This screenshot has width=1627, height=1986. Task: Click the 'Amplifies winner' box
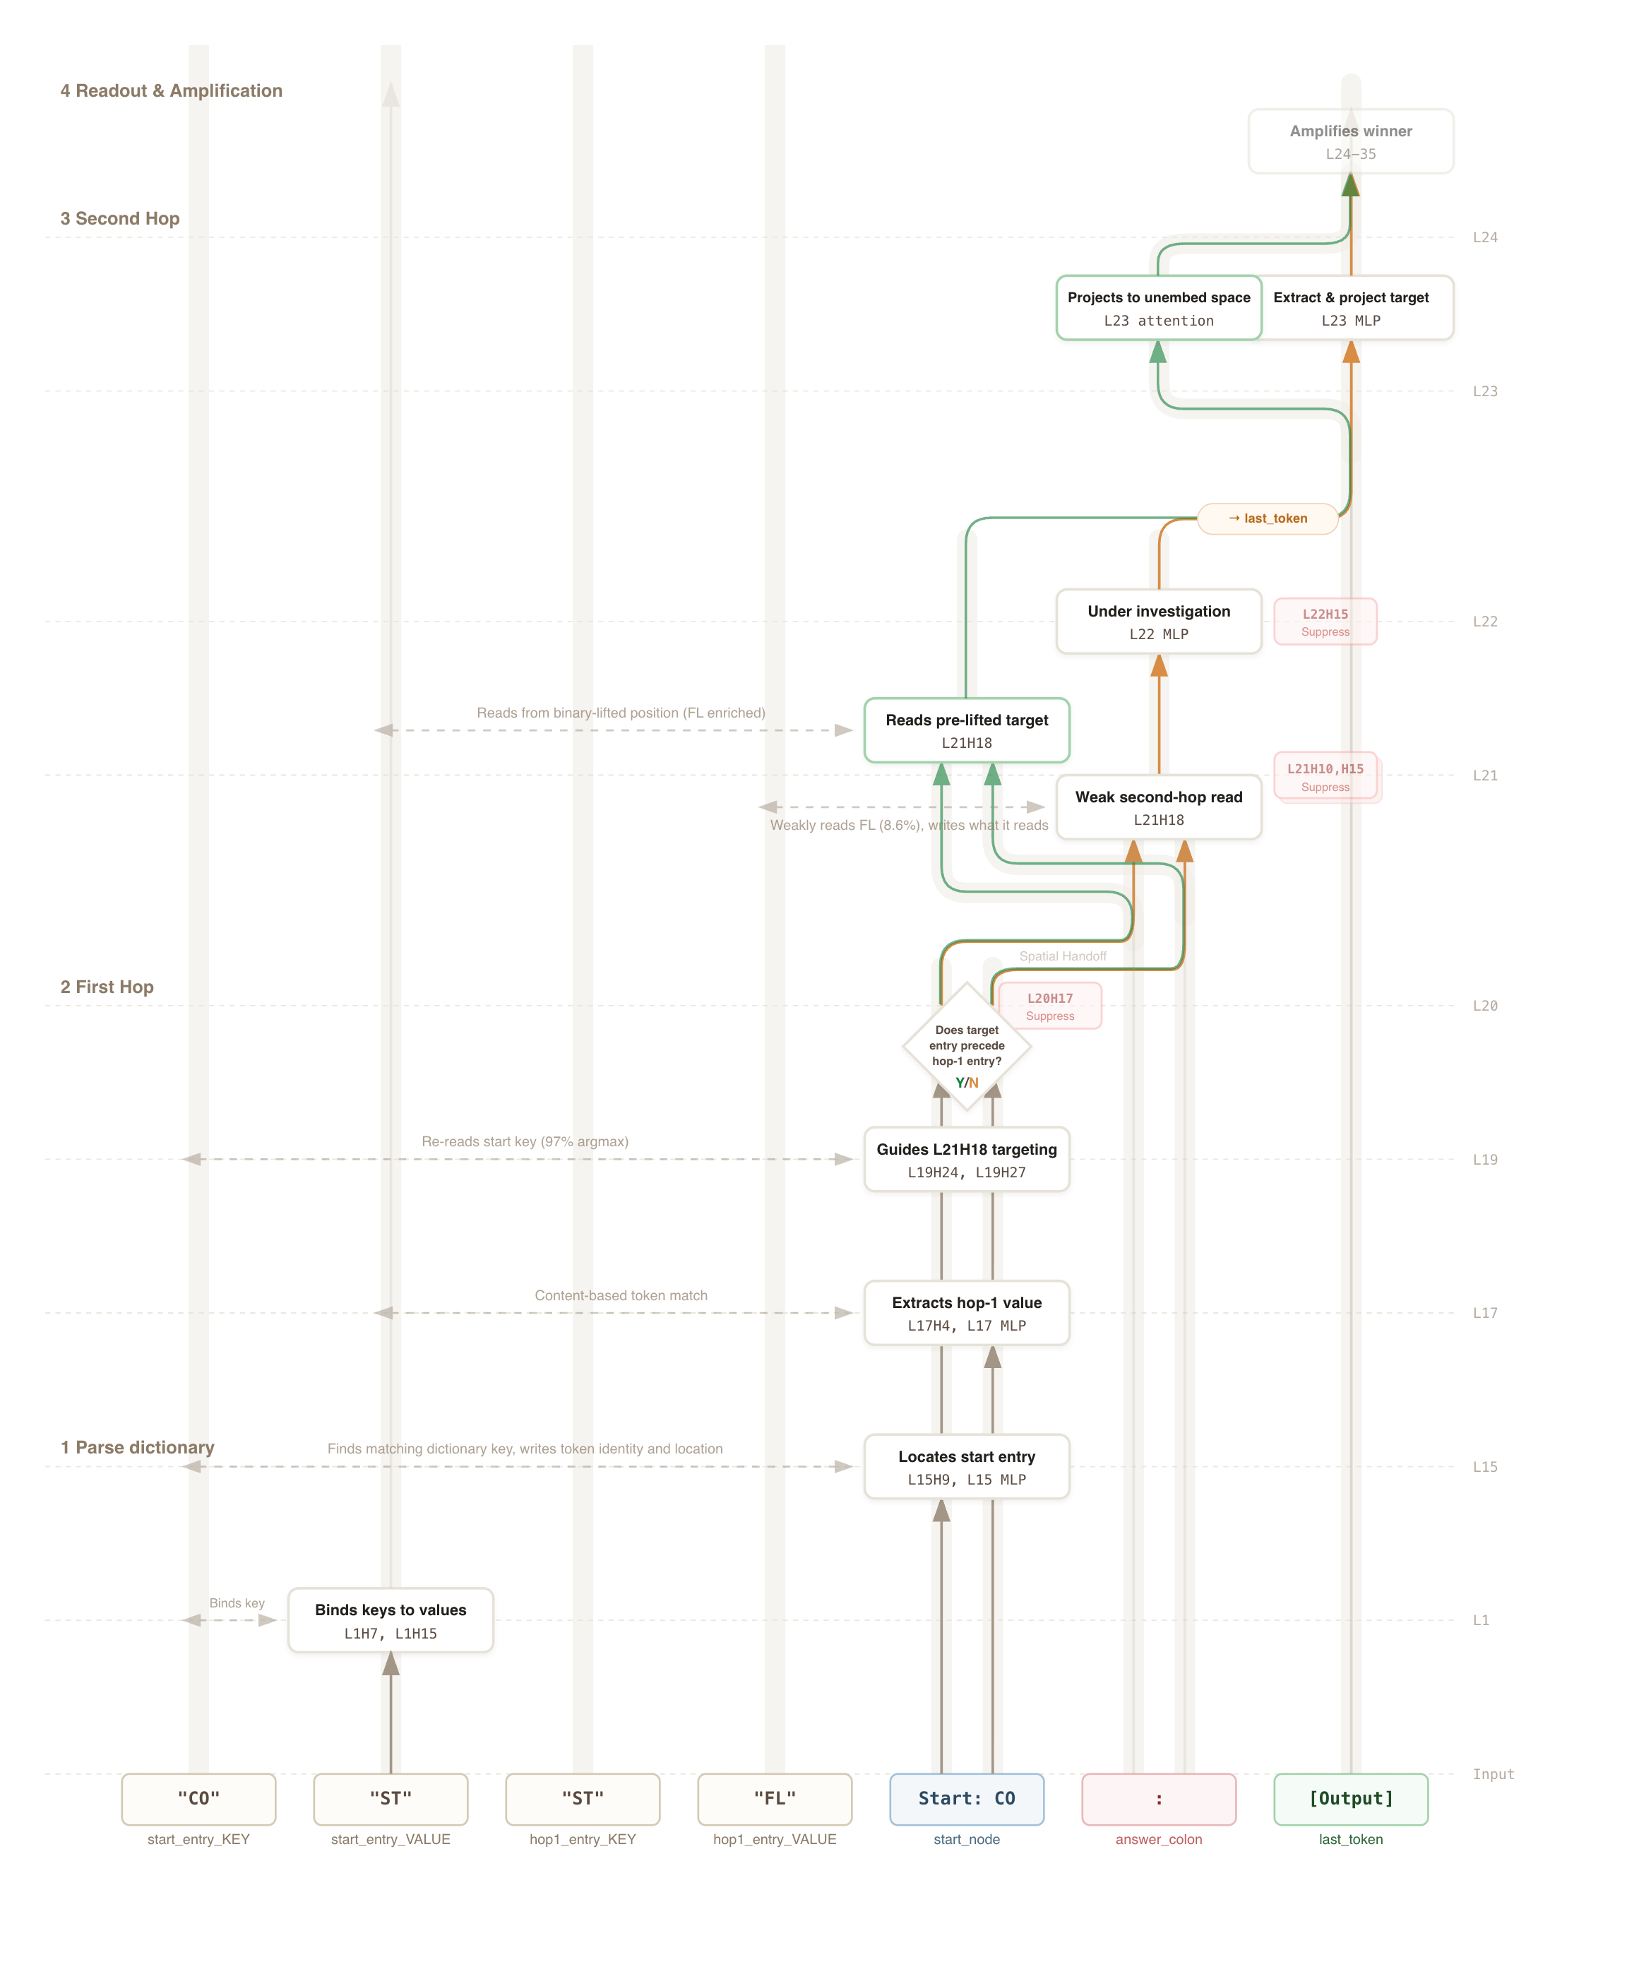[x=1349, y=141]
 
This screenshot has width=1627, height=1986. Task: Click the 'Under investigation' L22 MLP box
[x=1158, y=622]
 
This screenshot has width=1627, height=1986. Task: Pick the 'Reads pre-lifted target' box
[x=966, y=730]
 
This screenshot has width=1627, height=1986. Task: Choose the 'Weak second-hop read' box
[x=1158, y=807]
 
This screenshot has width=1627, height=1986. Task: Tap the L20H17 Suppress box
[x=1049, y=1006]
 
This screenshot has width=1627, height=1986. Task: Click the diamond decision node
[x=966, y=1047]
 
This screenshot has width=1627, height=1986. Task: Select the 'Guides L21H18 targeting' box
[x=966, y=1160]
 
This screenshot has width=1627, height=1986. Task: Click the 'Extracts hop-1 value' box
[x=966, y=1313]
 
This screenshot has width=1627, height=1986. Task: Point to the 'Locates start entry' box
[x=966, y=1467]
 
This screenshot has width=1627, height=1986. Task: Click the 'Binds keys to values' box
[x=390, y=1620]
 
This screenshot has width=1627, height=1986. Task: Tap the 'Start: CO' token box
[x=966, y=1799]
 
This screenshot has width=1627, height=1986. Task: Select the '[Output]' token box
[x=1349, y=1799]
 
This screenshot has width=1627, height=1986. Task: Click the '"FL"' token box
[x=774, y=1799]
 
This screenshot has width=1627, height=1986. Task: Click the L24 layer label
[x=1484, y=237]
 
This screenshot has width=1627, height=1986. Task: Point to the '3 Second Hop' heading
[x=119, y=218]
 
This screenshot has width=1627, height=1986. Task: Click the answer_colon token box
[x=1158, y=1799]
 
